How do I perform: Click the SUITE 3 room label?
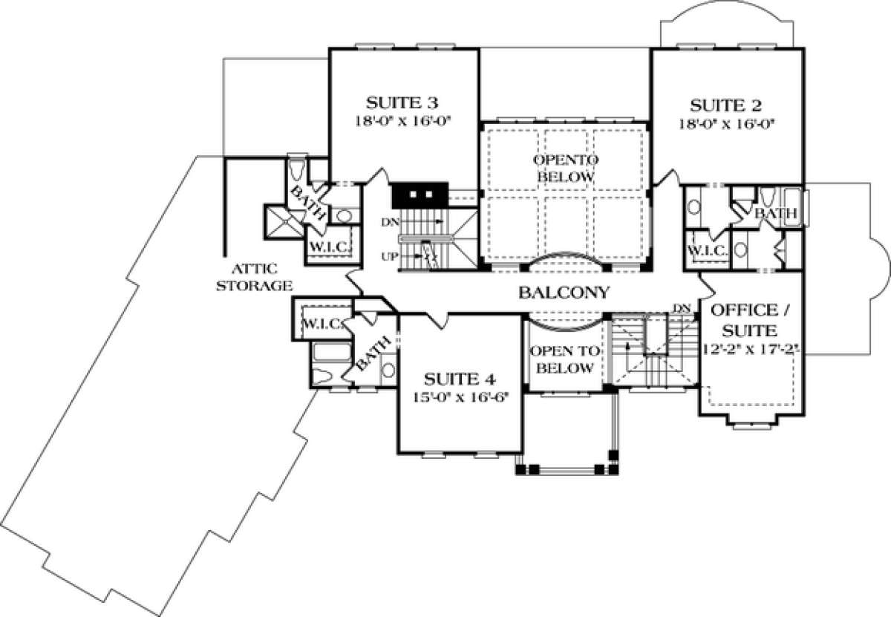click(x=402, y=103)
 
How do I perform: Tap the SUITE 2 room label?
click(x=726, y=106)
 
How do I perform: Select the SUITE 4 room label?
click(x=460, y=379)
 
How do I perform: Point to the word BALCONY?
click(x=564, y=293)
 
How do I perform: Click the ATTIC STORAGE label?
click(x=254, y=277)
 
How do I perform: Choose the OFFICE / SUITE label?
click(x=749, y=320)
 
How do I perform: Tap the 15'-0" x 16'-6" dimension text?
click(x=460, y=397)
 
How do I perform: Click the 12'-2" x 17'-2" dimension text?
click(x=751, y=349)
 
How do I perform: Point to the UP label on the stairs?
click(x=390, y=257)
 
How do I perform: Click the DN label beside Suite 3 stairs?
click(x=390, y=223)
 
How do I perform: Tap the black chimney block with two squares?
click(x=420, y=195)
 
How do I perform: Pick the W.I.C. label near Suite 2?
click(x=708, y=251)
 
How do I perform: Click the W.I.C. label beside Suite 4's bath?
click(x=324, y=324)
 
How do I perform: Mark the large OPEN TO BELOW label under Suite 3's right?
click(x=565, y=169)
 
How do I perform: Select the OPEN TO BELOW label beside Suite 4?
click(x=565, y=359)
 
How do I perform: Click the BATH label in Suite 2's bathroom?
click(x=776, y=213)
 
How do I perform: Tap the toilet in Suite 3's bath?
click(x=297, y=170)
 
